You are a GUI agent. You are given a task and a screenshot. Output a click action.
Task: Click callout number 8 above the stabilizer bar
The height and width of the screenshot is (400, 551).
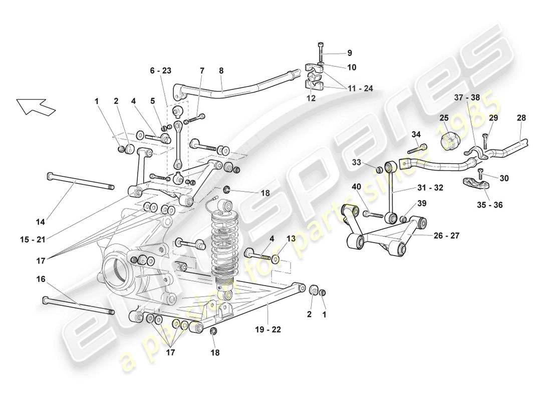[x=221, y=71]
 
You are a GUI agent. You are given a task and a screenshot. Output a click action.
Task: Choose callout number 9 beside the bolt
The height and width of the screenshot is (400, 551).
[x=350, y=52]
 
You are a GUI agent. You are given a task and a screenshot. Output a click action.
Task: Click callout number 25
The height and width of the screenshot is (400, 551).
[x=444, y=118]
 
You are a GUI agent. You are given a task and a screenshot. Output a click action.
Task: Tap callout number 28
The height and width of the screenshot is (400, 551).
[x=521, y=118]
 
